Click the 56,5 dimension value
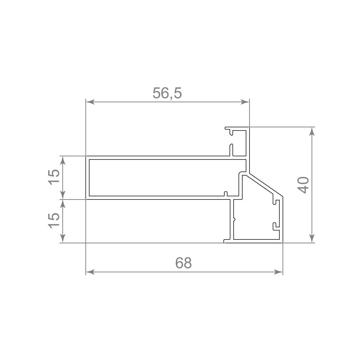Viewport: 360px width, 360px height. [167, 93]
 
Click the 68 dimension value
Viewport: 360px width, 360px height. [184, 263]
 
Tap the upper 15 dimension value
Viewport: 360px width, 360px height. [54, 177]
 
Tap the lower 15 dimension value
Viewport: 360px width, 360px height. [54, 220]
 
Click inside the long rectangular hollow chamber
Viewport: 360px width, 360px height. [162, 177]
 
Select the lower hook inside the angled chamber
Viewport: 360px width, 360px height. [275, 226]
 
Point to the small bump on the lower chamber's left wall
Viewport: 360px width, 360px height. [235, 219]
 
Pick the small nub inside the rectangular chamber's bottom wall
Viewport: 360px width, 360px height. [226, 194]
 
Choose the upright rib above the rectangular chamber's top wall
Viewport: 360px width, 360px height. [231, 150]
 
